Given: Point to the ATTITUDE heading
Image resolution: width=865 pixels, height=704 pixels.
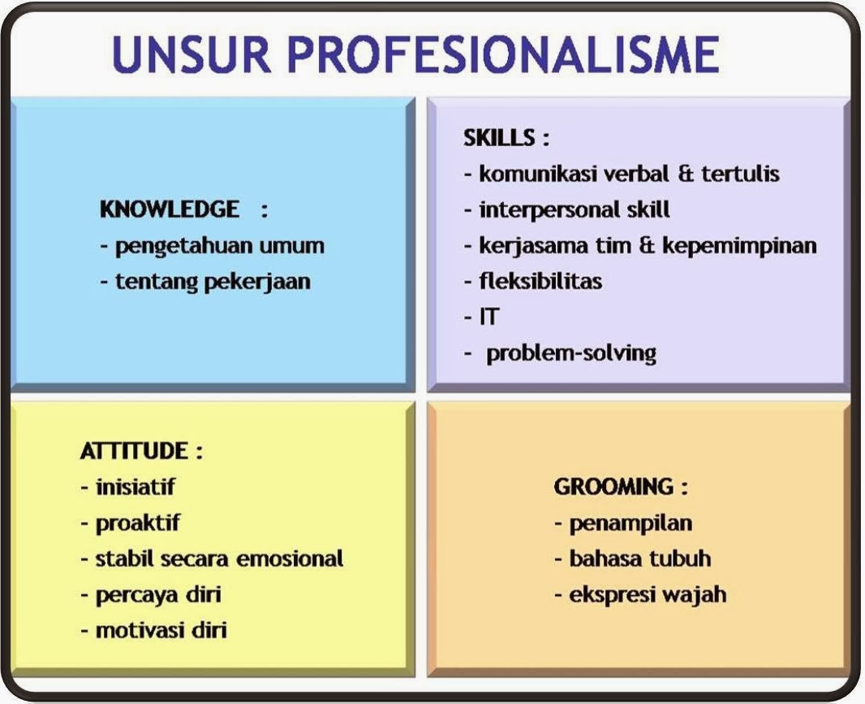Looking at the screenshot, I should (x=133, y=451).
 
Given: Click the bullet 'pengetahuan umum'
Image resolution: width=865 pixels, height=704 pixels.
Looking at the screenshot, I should (x=219, y=246).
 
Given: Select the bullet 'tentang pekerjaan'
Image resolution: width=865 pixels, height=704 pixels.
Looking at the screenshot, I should (x=213, y=282).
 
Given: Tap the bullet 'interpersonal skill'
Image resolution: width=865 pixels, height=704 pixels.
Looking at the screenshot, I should (x=575, y=209).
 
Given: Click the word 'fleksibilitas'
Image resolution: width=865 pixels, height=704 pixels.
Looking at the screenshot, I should (x=540, y=281).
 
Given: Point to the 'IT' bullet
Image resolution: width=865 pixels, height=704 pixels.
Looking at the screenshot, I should (x=488, y=317).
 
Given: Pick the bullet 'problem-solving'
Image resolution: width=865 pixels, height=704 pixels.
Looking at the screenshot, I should (x=571, y=354).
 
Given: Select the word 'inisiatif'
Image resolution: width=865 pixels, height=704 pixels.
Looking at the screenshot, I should (x=136, y=487).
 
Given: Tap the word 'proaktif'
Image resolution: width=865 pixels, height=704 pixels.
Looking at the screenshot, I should (x=138, y=523).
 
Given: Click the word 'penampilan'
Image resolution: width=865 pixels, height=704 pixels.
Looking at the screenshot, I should (x=630, y=523).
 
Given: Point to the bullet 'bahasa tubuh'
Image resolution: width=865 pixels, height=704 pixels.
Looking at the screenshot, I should (x=640, y=559).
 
